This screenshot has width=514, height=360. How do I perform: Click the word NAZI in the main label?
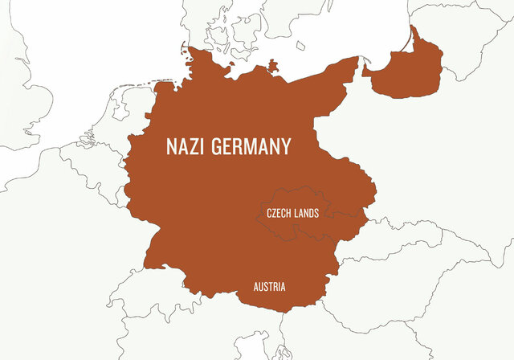pos(184,147)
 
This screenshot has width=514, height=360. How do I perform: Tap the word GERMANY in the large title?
pos(249,147)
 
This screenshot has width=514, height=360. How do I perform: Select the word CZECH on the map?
pos(279,214)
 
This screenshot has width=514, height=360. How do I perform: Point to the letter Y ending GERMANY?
pos(285,147)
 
